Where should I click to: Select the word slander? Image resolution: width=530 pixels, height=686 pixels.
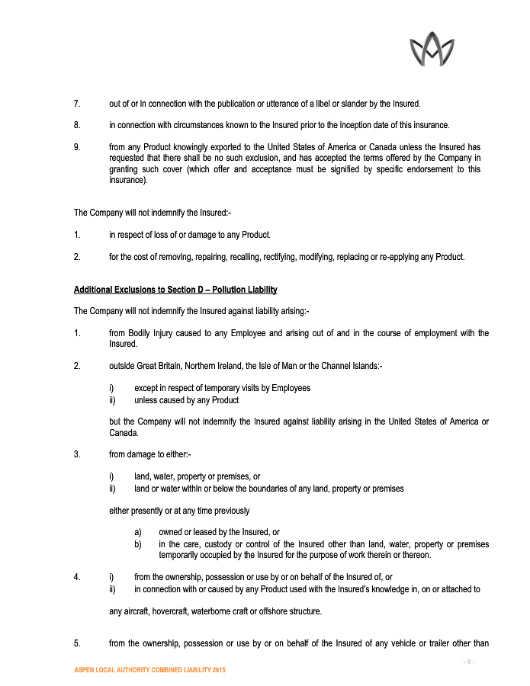(x=354, y=103)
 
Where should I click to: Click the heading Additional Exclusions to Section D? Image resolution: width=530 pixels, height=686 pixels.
(x=175, y=290)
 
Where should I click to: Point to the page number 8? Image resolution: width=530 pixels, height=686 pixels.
(x=470, y=662)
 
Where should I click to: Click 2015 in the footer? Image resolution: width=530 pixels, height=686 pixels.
(x=217, y=669)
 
